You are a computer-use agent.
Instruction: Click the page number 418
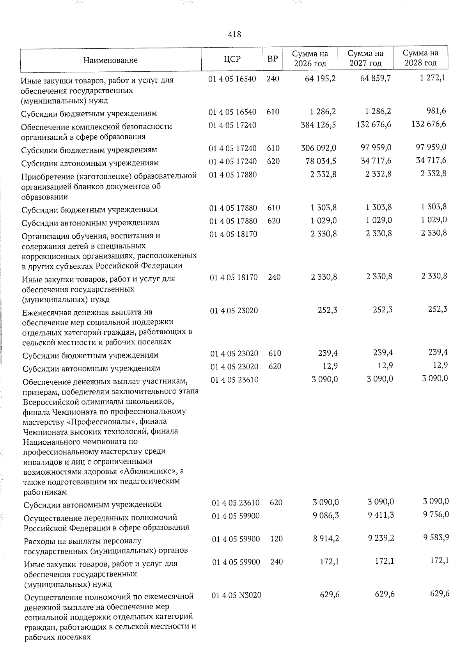(234, 34)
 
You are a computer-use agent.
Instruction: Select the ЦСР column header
(232, 59)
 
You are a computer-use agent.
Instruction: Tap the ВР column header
(273, 59)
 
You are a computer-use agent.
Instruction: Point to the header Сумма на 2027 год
(365, 58)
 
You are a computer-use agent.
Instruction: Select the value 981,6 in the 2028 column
(436, 111)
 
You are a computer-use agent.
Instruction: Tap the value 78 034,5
(321, 161)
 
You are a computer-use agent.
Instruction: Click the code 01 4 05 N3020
(236, 595)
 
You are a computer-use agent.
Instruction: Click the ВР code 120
(276, 539)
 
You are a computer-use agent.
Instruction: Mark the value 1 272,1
(433, 78)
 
